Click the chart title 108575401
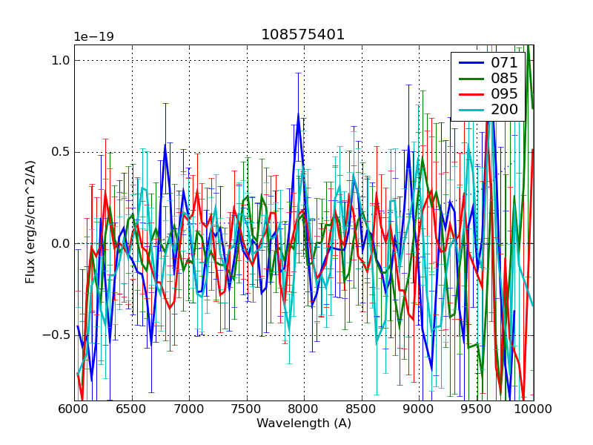(303, 35)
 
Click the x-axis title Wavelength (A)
(304, 423)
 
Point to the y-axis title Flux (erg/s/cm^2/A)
(30, 222)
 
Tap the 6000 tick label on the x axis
(74, 409)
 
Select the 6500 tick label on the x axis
(132, 409)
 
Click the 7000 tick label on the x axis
(189, 409)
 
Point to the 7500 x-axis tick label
(247, 409)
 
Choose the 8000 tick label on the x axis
(304, 409)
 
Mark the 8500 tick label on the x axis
(362, 409)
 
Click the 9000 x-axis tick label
(419, 409)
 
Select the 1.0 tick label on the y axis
(59, 60)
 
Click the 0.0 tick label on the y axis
(59, 243)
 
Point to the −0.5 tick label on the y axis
(56, 335)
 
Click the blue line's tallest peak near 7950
(298, 114)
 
